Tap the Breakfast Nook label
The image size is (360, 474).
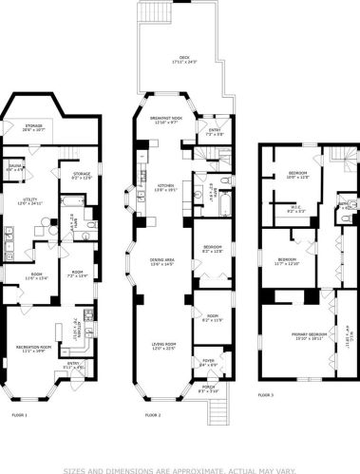point(166,118)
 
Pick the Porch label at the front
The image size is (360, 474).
point(208,388)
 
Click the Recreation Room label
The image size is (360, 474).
point(32,348)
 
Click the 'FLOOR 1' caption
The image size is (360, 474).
point(19,415)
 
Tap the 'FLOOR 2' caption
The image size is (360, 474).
point(153,415)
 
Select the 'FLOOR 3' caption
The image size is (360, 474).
point(266,394)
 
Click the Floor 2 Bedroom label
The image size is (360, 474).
point(212,248)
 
